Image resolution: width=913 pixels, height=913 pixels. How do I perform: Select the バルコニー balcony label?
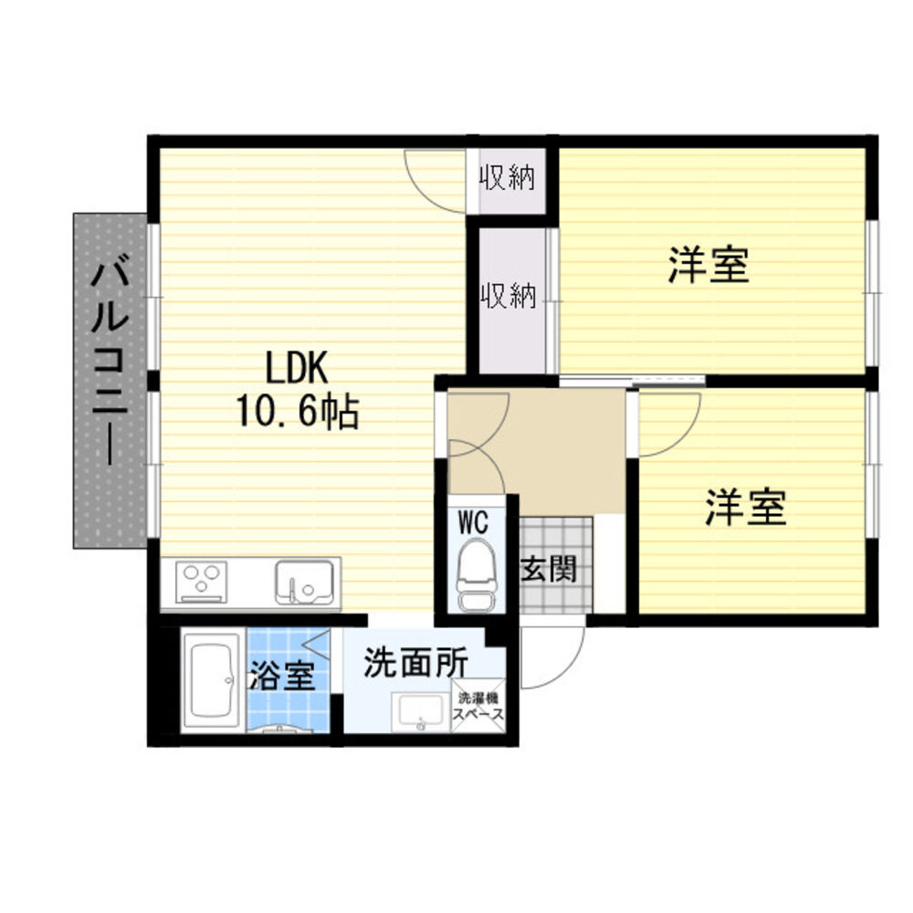tap(110, 361)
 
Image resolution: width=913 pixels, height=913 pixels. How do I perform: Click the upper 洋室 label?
tap(708, 266)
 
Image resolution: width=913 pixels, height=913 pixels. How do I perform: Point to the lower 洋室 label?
tap(745, 507)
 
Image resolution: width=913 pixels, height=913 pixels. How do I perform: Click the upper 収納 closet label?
tap(507, 177)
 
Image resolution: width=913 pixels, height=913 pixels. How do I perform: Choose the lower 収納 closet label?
tap(508, 295)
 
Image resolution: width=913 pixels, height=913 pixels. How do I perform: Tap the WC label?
tap(473, 521)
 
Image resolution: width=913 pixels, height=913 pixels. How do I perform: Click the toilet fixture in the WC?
tap(476, 573)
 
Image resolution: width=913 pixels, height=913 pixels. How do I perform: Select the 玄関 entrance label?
tap(549, 568)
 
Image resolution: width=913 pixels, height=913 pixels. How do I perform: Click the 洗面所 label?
tap(415, 663)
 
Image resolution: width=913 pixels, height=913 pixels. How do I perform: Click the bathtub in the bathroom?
tap(212, 681)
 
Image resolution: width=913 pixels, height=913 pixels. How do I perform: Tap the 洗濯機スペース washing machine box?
tap(478, 706)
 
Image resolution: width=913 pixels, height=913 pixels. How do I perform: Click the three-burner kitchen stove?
tap(202, 582)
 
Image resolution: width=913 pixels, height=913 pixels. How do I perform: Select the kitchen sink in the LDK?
tap(305, 582)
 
